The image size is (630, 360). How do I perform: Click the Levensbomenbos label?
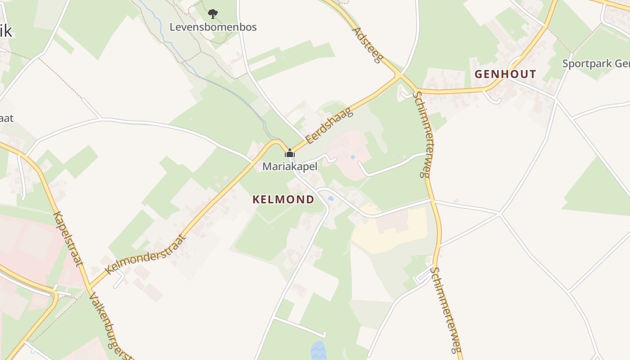click(213, 27)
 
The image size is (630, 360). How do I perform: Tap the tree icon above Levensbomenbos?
click(212, 14)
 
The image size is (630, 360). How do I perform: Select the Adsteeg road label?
click(367, 45)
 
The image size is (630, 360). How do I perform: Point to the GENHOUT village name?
click(505, 74)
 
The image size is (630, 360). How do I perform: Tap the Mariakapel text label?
click(290, 166)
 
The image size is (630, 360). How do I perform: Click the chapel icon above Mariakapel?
click(290, 154)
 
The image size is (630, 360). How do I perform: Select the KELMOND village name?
click(283, 199)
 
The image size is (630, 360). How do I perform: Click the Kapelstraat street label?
click(68, 238)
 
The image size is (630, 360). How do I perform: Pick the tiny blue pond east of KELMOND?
click(331, 198)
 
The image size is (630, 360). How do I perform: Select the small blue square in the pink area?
click(352, 157)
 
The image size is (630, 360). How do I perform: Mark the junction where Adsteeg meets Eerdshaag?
click(399, 76)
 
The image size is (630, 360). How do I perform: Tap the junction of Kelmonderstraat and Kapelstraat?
click(89, 286)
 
